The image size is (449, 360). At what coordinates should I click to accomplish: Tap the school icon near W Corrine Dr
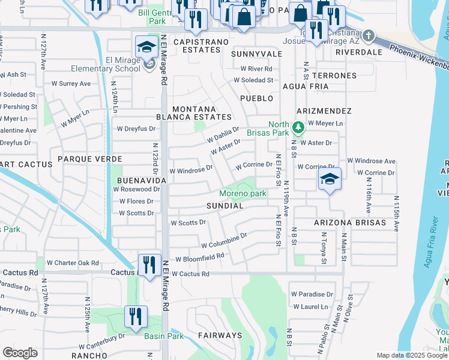pos(329,179)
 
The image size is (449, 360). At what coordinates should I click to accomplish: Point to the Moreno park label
pos(243,193)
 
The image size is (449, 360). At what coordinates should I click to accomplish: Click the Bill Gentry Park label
pos(157,16)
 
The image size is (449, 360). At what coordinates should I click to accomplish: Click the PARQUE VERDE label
pos(90,159)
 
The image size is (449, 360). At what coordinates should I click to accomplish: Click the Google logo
pos(20,352)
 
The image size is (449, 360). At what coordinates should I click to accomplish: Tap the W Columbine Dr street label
pos(224,241)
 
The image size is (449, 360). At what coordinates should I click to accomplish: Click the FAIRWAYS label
pos(221,335)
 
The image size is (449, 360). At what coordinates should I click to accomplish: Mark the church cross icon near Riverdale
pos(369,35)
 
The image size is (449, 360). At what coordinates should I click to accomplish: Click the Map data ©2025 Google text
pos(411,355)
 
